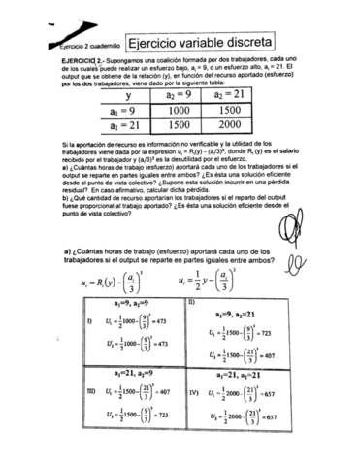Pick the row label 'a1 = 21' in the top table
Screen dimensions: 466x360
pos(127,126)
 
